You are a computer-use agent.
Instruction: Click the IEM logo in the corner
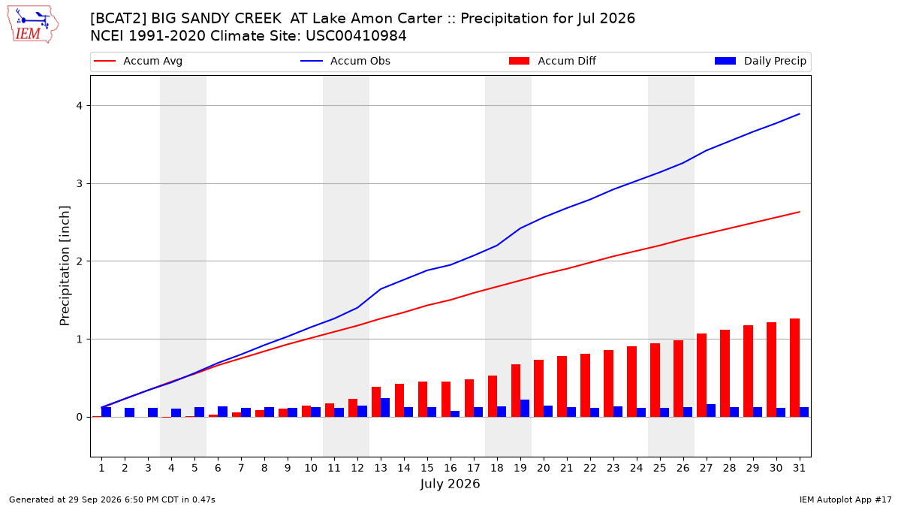click(x=33, y=24)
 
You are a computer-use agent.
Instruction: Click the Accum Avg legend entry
click(x=138, y=61)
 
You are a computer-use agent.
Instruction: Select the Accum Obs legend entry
click(x=345, y=61)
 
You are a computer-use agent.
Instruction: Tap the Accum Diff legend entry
click(x=553, y=61)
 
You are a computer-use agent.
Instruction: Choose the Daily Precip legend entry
click(x=760, y=61)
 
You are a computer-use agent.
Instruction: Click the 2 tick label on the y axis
click(x=80, y=261)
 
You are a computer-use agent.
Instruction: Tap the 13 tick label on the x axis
click(x=381, y=468)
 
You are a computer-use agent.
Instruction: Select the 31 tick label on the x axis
click(x=799, y=468)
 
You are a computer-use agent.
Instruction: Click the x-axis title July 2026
click(x=450, y=484)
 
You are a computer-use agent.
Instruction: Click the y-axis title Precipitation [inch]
click(x=65, y=266)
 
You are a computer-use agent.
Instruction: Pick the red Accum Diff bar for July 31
click(x=794, y=368)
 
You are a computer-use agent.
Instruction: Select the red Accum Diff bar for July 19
click(x=516, y=391)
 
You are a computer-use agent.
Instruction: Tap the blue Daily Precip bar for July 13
click(x=385, y=408)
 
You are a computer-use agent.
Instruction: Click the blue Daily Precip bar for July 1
click(x=106, y=412)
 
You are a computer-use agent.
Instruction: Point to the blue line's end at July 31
click(x=799, y=114)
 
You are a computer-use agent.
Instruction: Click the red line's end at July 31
click(x=799, y=212)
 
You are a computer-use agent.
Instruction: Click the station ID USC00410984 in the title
click(x=356, y=36)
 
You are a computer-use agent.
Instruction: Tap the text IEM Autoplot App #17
click(x=845, y=499)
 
